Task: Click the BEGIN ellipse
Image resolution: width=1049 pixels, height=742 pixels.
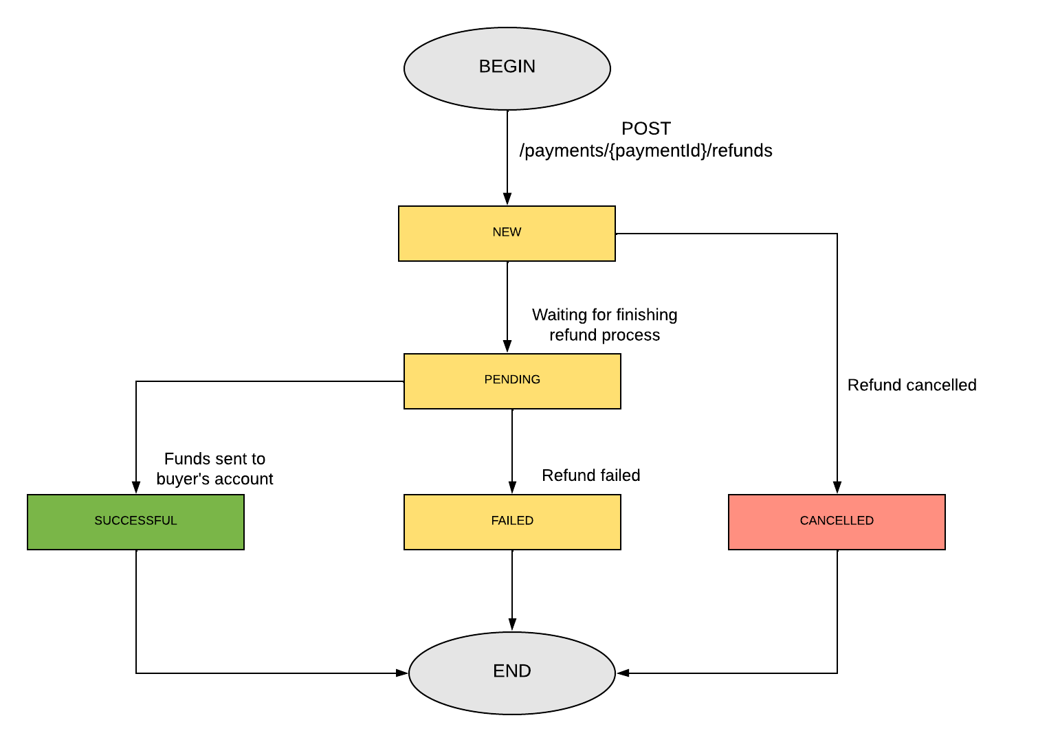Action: (x=507, y=68)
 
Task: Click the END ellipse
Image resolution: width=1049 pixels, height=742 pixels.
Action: (x=512, y=672)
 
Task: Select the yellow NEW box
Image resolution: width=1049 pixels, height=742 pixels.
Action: (x=507, y=233)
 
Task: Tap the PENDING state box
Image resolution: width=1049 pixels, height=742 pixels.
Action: (x=512, y=381)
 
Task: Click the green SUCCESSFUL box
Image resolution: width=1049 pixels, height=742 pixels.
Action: (x=135, y=521)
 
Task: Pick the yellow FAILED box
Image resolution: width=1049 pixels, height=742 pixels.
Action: (x=512, y=521)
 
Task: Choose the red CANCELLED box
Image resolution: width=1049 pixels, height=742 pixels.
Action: (x=837, y=521)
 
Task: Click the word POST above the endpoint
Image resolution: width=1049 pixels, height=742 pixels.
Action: (x=645, y=128)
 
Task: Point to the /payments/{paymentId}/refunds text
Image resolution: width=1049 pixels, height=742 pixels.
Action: (x=645, y=150)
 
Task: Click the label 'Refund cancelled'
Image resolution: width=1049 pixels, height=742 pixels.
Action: (x=912, y=385)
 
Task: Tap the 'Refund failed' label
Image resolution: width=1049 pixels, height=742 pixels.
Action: (x=590, y=475)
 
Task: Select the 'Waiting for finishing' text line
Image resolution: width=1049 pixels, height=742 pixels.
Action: (x=604, y=315)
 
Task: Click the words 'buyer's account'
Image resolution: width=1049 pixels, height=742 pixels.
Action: (x=214, y=479)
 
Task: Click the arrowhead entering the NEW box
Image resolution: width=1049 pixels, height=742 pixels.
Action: (x=507, y=199)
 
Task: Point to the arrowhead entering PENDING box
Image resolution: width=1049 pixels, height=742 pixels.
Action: (x=507, y=346)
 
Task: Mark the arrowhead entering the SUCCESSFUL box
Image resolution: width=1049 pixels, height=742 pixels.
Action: (x=136, y=487)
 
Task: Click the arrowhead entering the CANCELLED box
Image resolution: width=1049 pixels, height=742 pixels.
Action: (x=837, y=487)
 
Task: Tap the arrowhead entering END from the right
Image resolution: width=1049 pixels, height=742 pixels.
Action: (x=623, y=673)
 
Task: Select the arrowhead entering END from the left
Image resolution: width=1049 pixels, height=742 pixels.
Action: (x=402, y=673)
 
